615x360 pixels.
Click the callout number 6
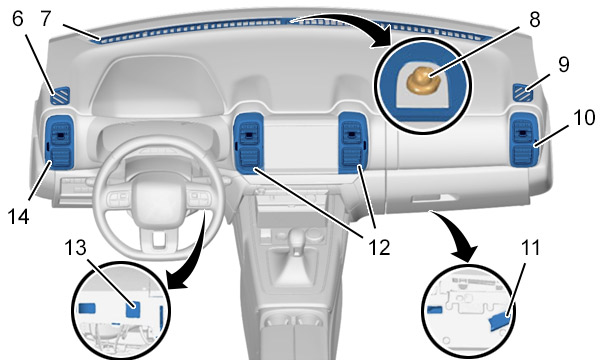18,18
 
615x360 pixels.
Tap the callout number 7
46,18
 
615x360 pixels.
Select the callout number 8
534,19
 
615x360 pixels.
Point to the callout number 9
564,64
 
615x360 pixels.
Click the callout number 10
584,117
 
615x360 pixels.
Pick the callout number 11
530,247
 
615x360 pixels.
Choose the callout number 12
379,247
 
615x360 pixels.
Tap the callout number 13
75,247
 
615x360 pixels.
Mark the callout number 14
18,216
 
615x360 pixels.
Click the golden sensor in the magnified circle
424,80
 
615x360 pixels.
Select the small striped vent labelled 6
60,96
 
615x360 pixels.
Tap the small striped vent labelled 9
523,93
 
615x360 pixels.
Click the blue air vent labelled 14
60,142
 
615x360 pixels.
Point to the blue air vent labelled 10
524,140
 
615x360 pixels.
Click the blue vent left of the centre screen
249,143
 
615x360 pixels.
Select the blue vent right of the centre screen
353,142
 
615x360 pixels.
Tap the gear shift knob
299,238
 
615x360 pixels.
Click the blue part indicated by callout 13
133,309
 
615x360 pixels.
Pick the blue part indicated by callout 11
500,322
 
